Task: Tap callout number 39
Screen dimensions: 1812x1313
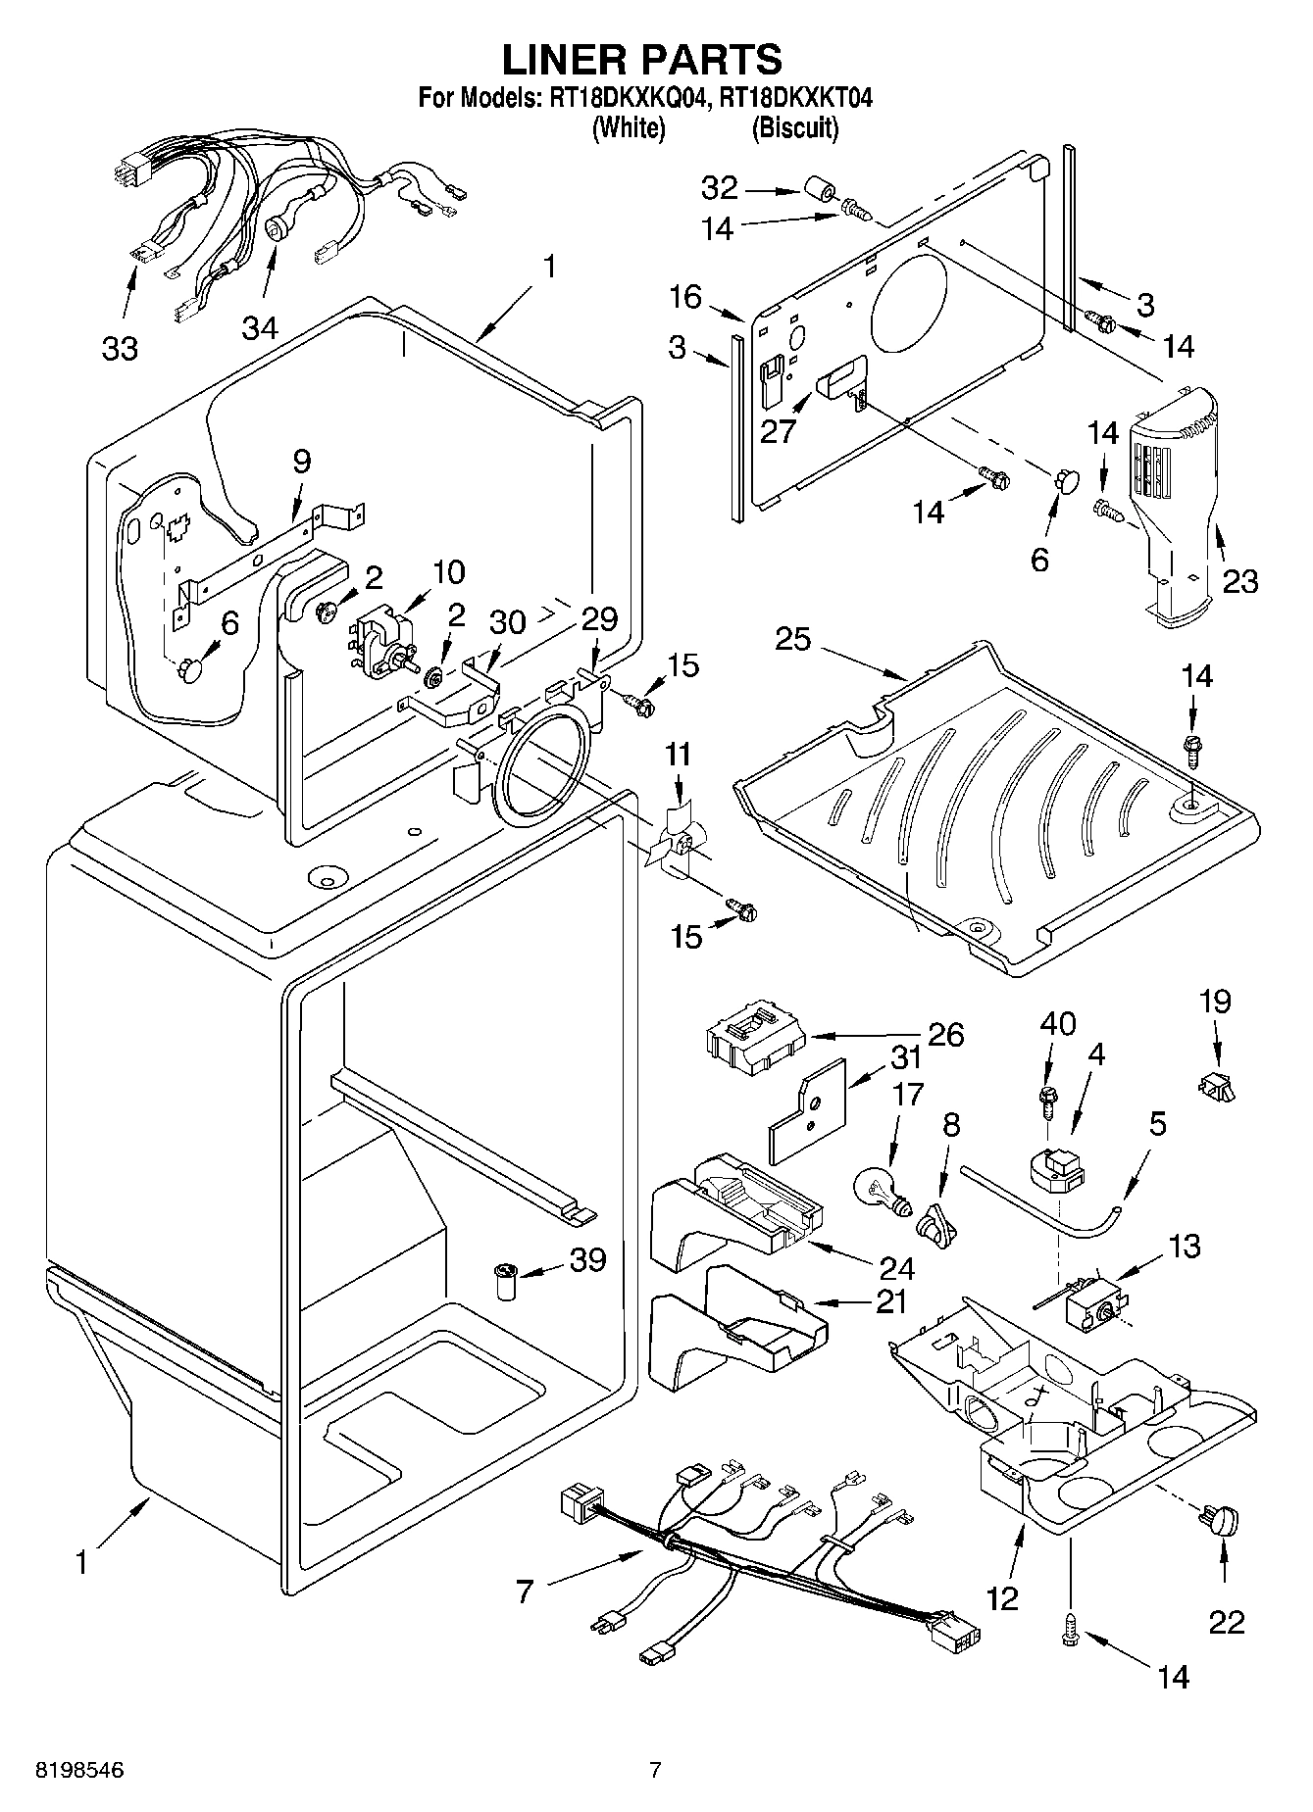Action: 587,1259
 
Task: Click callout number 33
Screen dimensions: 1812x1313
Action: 120,347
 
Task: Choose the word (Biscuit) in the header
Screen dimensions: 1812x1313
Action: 795,128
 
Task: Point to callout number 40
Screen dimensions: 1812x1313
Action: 1058,1024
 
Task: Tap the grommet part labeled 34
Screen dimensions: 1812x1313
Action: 276,229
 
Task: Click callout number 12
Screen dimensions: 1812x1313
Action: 1002,1598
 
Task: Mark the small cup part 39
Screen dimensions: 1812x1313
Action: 507,1282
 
